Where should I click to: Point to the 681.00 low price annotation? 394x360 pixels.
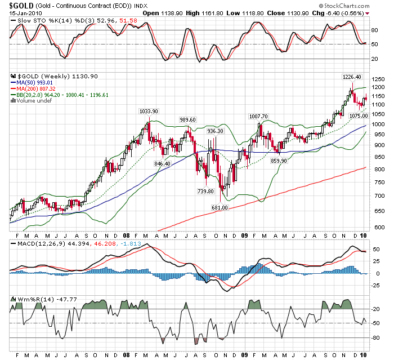coord(220,208)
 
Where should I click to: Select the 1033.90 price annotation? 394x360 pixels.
coord(149,112)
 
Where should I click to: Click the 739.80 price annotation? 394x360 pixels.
coord(205,191)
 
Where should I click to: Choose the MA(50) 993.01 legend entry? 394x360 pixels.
coord(37,82)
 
